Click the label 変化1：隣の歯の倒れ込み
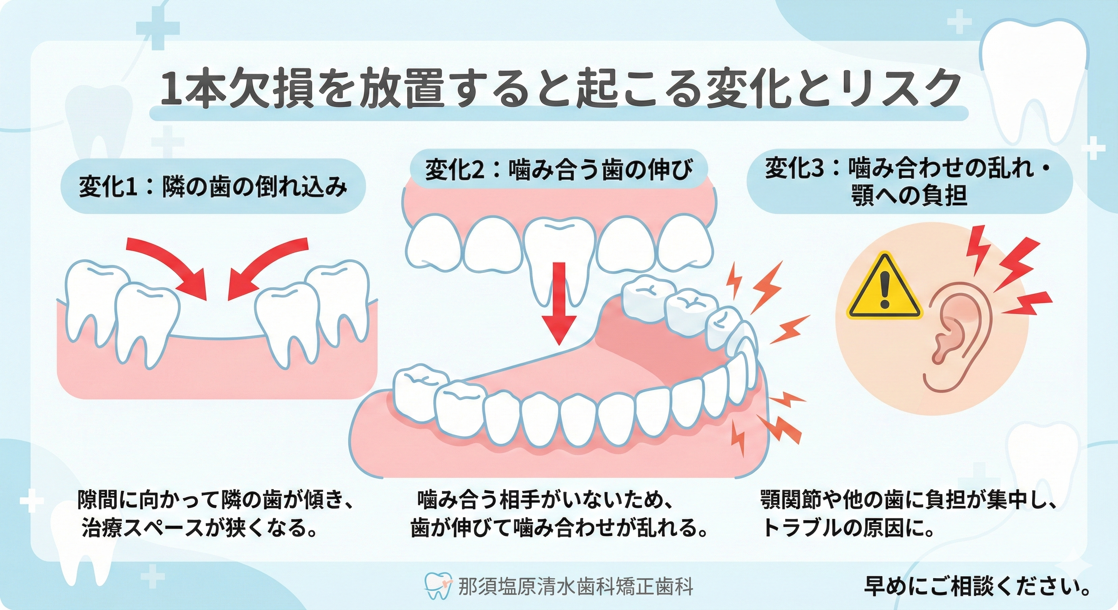point(213,187)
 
